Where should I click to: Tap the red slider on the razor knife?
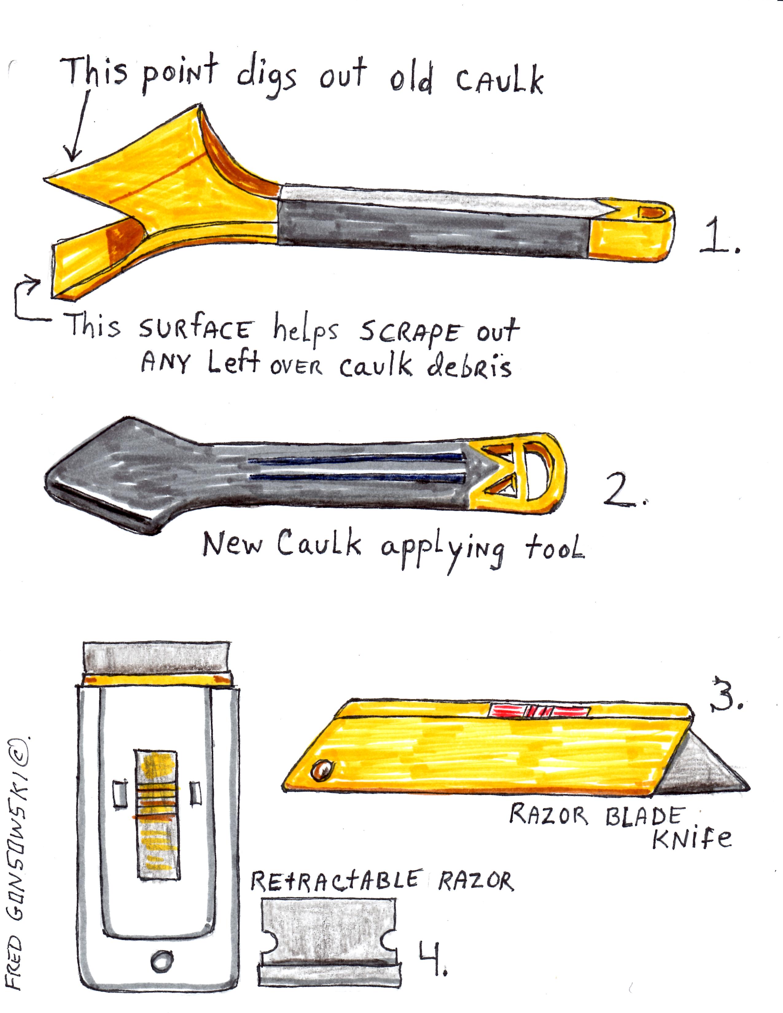point(541,710)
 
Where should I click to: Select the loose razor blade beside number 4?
point(330,942)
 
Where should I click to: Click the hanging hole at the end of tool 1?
point(652,213)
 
